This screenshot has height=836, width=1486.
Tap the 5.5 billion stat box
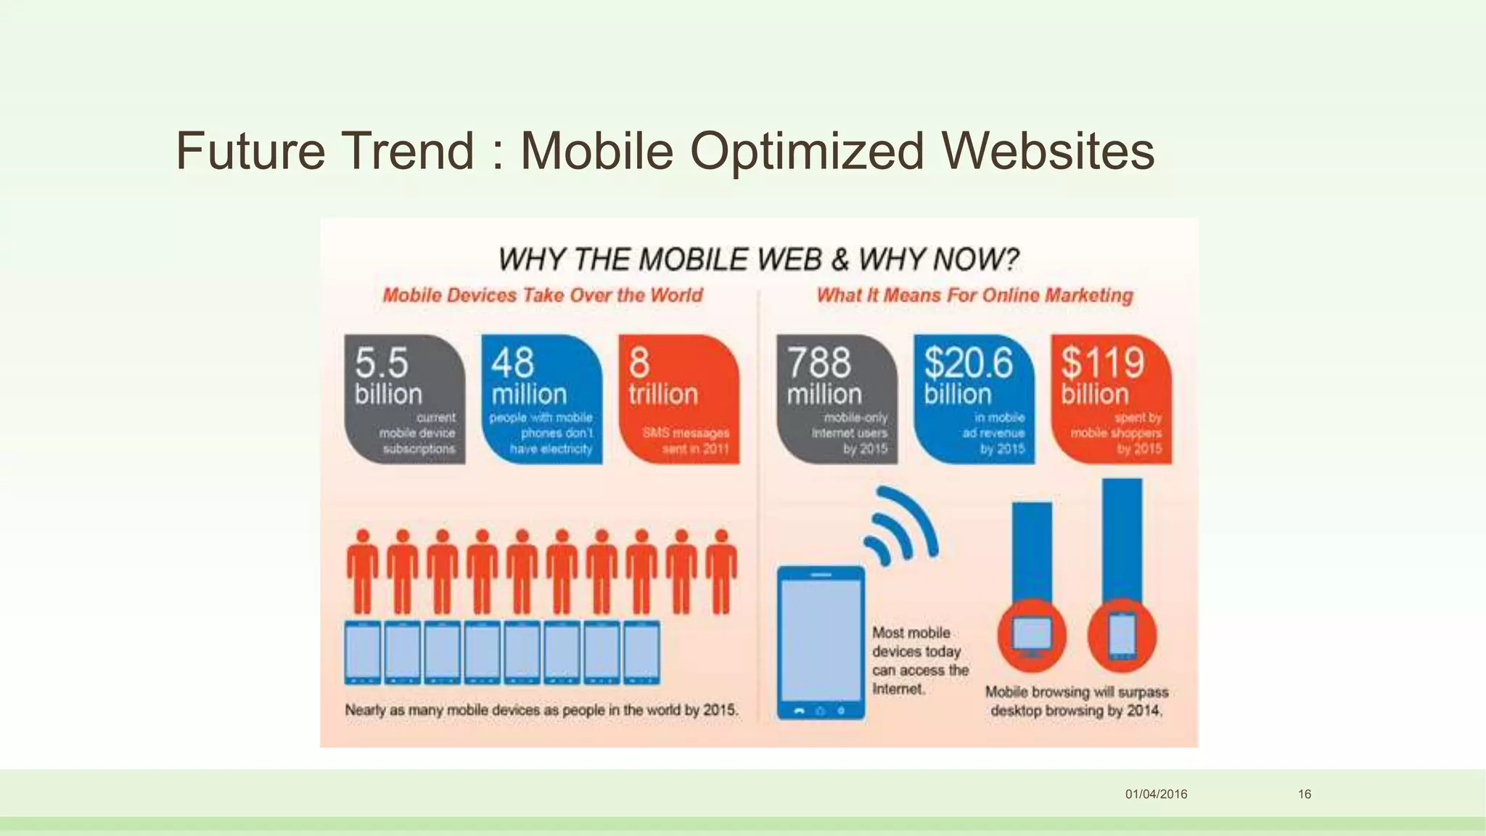pyautogui.click(x=404, y=398)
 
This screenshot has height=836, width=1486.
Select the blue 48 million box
pyautogui.click(x=541, y=398)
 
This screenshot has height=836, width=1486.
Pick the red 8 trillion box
pyautogui.click(x=678, y=398)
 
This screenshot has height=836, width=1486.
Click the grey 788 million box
pyautogui.click(x=837, y=398)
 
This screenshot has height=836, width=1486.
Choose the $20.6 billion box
pyautogui.click(x=974, y=398)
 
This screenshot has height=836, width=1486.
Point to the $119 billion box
pyautogui.click(x=1111, y=398)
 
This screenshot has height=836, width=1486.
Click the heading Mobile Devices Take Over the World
pyautogui.click(x=543, y=295)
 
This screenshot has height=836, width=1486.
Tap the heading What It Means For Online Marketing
pyautogui.click(x=974, y=295)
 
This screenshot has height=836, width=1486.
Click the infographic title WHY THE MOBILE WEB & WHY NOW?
pyautogui.click(x=758, y=260)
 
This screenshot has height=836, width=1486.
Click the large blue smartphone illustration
pyautogui.click(x=821, y=642)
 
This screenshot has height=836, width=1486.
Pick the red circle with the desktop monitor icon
pyautogui.click(x=1032, y=636)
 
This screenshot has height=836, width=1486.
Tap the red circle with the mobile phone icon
pyautogui.click(x=1122, y=636)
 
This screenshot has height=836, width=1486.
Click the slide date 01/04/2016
pyautogui.click(x=1156, y=794)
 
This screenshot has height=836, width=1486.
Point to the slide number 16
pyautogui.click(x=1305, y=794)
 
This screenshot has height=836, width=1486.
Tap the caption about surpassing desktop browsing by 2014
pyautogui.click(x=1077, y=701)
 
